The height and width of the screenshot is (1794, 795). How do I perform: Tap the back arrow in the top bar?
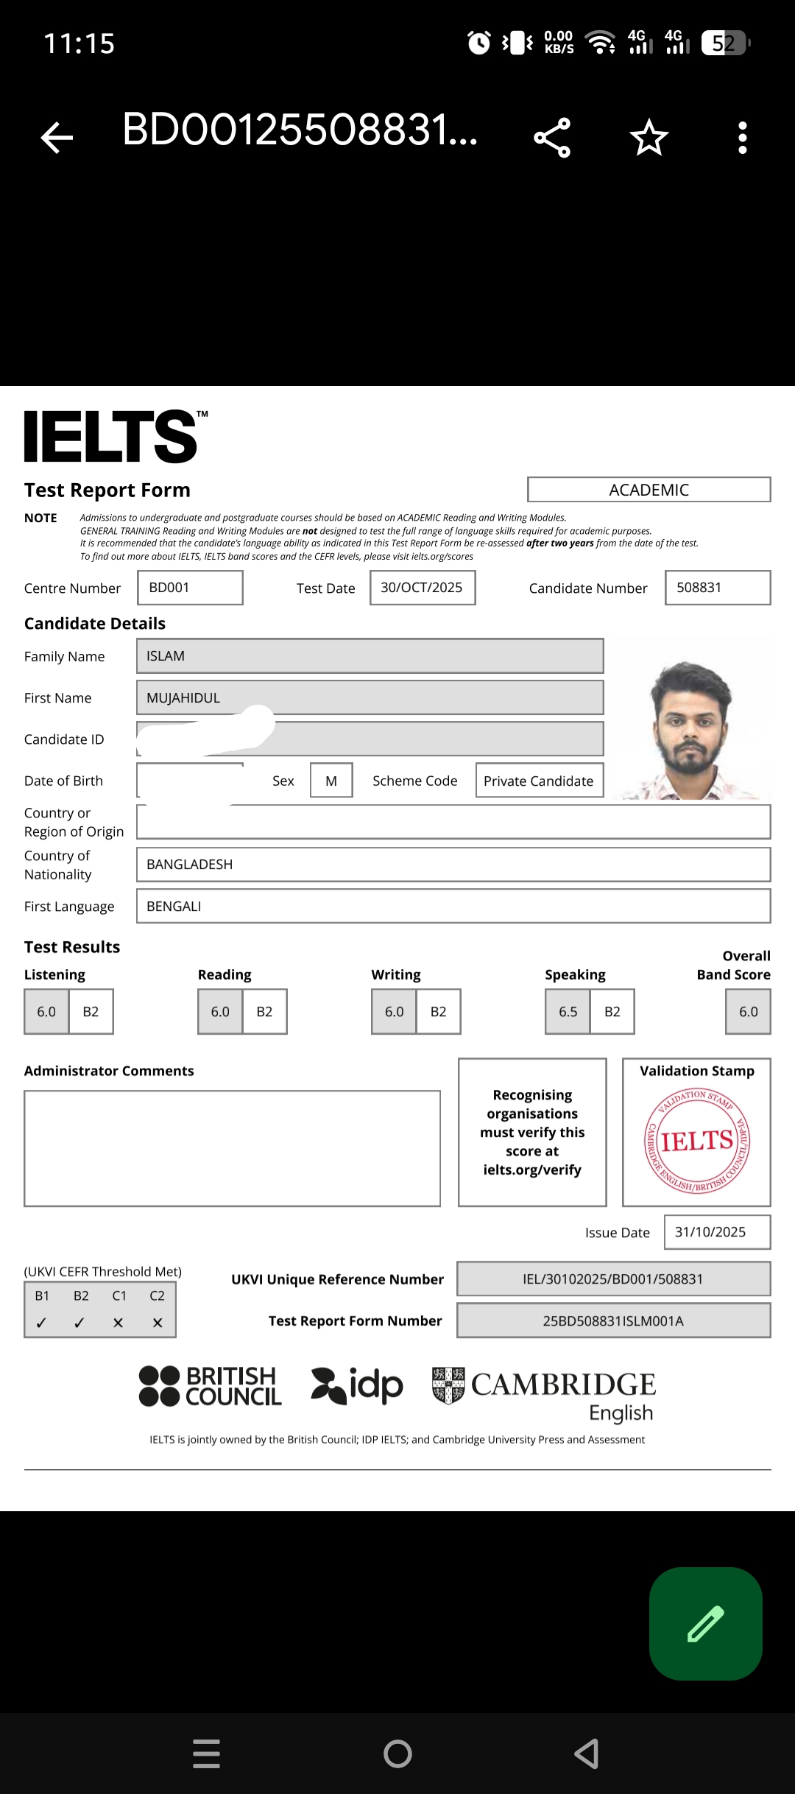coord(57,137)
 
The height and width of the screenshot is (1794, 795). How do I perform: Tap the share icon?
coord(552,137)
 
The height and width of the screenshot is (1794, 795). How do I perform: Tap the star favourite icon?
coord(649,137)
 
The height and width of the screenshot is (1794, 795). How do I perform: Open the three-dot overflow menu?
coord(742,137)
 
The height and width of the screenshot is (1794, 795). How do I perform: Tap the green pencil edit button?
coord(705,1624)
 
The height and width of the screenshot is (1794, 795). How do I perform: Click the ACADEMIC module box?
coord(649,490)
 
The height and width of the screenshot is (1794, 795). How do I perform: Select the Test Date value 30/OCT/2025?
coord(422,588)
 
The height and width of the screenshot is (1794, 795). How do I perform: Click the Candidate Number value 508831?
coord(699,588)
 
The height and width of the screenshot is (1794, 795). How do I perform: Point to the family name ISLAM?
coord(166,656)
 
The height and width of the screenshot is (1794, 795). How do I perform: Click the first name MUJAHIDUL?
coord(183,698)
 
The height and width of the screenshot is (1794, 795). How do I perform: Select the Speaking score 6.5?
coord(568,1012)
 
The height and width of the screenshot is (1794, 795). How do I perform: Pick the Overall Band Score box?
coord(748,1012)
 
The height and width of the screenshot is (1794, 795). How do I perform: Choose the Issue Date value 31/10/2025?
coord(710,1232)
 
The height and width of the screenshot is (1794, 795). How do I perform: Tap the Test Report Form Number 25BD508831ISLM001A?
coord(613,1321)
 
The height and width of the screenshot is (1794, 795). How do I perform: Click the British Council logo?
coord(211,1386)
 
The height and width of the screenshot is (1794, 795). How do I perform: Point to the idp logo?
coord(358,1386)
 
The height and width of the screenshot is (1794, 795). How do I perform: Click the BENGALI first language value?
coord(174,907)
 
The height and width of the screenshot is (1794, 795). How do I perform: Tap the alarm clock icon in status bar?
coord(479,43)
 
